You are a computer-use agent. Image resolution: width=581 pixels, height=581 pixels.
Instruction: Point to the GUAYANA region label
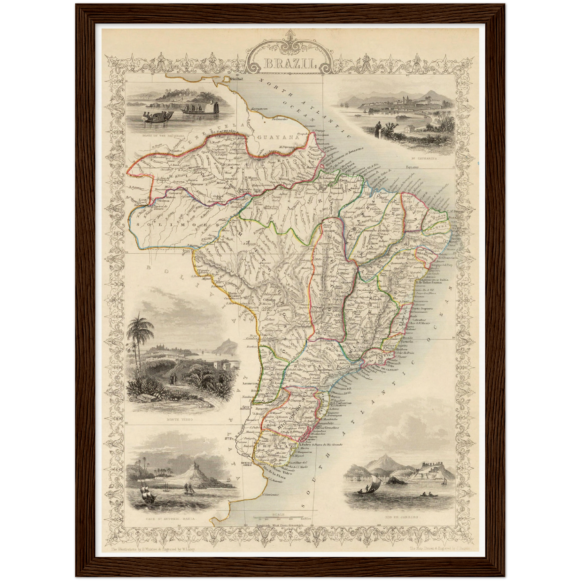(279, 137)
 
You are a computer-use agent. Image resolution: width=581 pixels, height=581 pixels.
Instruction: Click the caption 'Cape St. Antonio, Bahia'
(171, 519)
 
